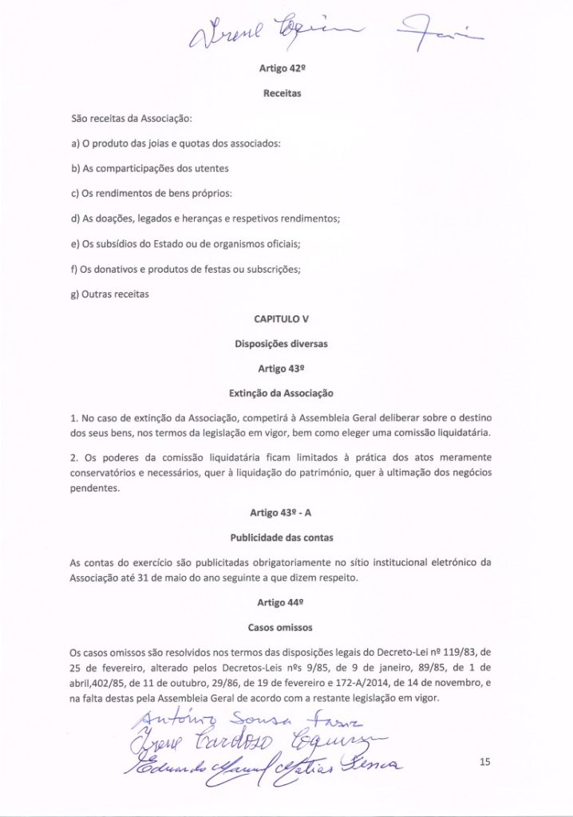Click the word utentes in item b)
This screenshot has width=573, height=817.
coord(210,169)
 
